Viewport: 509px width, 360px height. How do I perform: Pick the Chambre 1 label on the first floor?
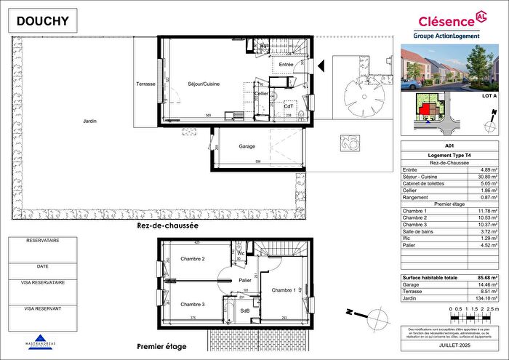click(284, 290)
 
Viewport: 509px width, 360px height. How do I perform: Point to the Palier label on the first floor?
click(245, 279)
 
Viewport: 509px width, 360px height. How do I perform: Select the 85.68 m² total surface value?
click(487, 279)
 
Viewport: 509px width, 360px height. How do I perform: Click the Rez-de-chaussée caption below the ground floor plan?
click(167, 226)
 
